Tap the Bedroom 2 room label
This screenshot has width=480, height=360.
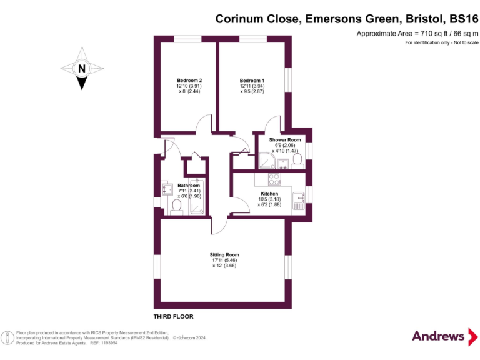tap(189, 81)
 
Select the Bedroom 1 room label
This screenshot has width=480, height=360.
tap(252, 81)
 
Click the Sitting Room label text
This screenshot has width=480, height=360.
tap(224, 255)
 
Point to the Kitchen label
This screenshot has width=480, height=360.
tap(269, 194)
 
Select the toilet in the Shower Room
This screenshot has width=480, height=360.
tap(296, 161)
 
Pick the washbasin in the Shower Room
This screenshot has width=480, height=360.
tap(282, 164)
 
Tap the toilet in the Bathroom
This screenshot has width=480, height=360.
tap(176, 206)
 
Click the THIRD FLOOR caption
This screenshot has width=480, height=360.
tap(174, 317)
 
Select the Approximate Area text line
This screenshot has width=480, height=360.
tap(417, 33)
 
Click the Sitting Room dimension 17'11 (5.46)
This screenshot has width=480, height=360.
tap(224, 261)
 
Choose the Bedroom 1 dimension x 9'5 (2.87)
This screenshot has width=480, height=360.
tap(252, 91)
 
